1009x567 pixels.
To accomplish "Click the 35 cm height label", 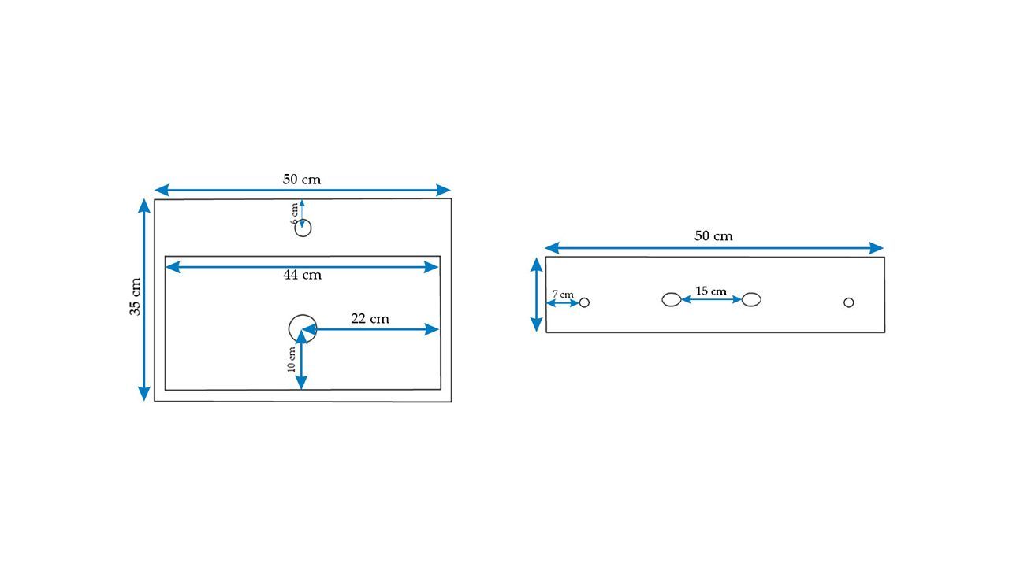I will click(x=136, y=298).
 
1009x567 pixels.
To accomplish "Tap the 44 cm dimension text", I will click(x=303, y=275).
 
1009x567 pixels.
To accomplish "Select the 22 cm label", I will click(x=370, y=319).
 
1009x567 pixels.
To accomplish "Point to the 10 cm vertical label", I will click(x=291, y=359).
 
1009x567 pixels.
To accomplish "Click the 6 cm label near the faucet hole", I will click(x=295, y=214).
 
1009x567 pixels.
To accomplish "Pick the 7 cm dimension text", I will click(x=562, y=294).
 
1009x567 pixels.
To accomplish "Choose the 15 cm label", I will click(x=711, y=291).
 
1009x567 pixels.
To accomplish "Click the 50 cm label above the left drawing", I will click(x=302, y=179).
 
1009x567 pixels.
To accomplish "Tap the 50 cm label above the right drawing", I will click(x=713, y=236).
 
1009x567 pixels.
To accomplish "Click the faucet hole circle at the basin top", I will click(x=303, y=228).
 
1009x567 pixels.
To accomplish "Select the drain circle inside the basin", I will click(x=302, y=328).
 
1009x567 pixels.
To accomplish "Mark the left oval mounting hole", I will click(x=671, y=299).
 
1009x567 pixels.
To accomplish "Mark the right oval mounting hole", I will click(x=751, y=299).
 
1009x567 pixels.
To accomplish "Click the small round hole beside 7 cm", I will click(x=584, y=302).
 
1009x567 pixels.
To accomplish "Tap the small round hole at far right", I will click(x=848, y=302).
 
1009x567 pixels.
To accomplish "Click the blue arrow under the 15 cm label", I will click(x=711, y=300).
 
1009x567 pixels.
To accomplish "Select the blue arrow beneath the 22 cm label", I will click(x=370, y=330).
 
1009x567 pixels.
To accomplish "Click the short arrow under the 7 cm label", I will click(x=563, y=302).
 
